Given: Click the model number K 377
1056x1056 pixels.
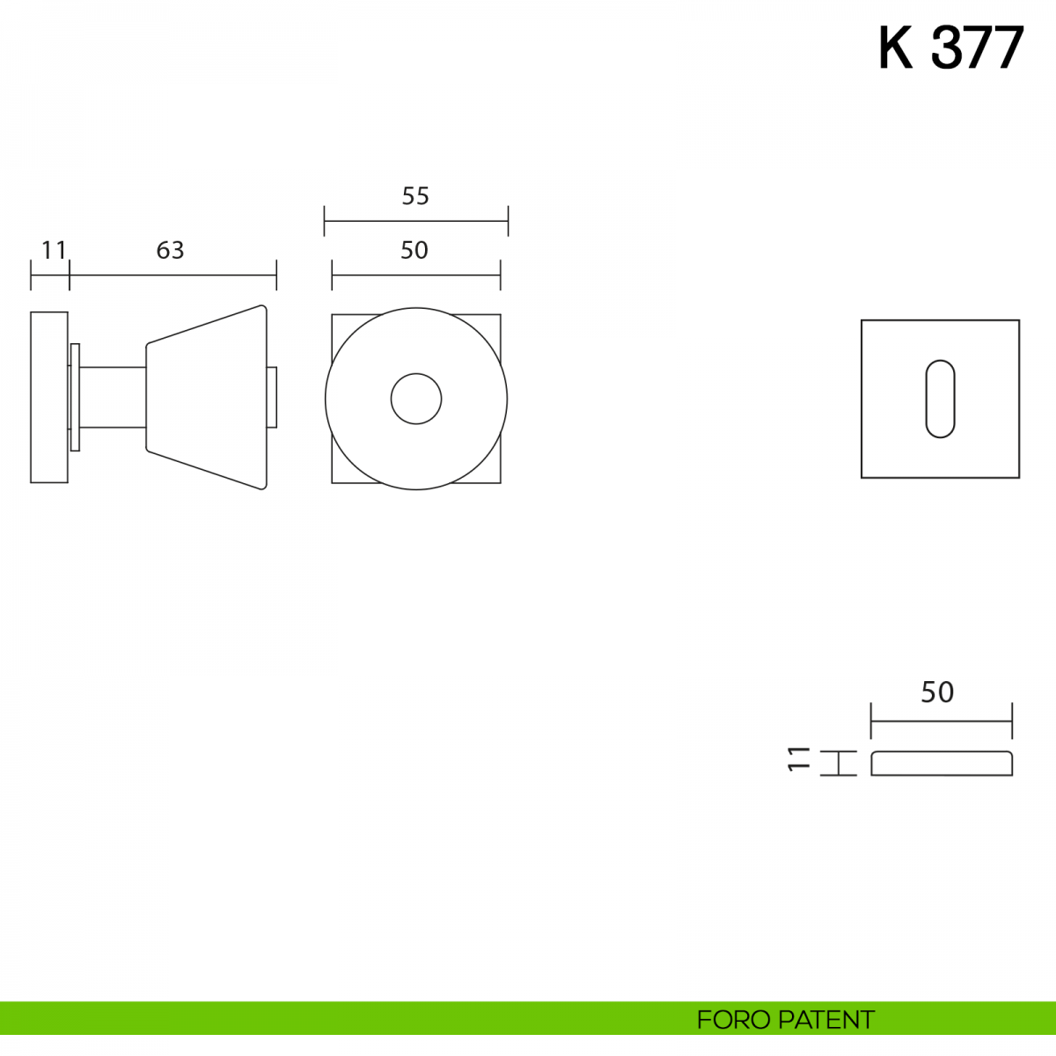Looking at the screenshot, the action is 950,48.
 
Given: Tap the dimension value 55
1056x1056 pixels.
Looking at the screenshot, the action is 415,195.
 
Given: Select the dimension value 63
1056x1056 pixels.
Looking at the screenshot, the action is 170,250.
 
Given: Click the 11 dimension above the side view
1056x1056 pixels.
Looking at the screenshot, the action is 54,250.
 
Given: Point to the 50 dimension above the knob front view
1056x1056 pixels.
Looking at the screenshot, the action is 414,250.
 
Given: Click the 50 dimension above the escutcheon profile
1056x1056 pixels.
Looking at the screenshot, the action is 937,693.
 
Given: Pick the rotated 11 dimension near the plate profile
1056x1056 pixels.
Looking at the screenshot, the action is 798,759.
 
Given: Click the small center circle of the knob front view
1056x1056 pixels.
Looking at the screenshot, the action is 416,399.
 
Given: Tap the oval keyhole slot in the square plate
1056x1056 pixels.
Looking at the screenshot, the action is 941,399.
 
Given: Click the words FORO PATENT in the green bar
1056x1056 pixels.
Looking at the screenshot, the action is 785,1020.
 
